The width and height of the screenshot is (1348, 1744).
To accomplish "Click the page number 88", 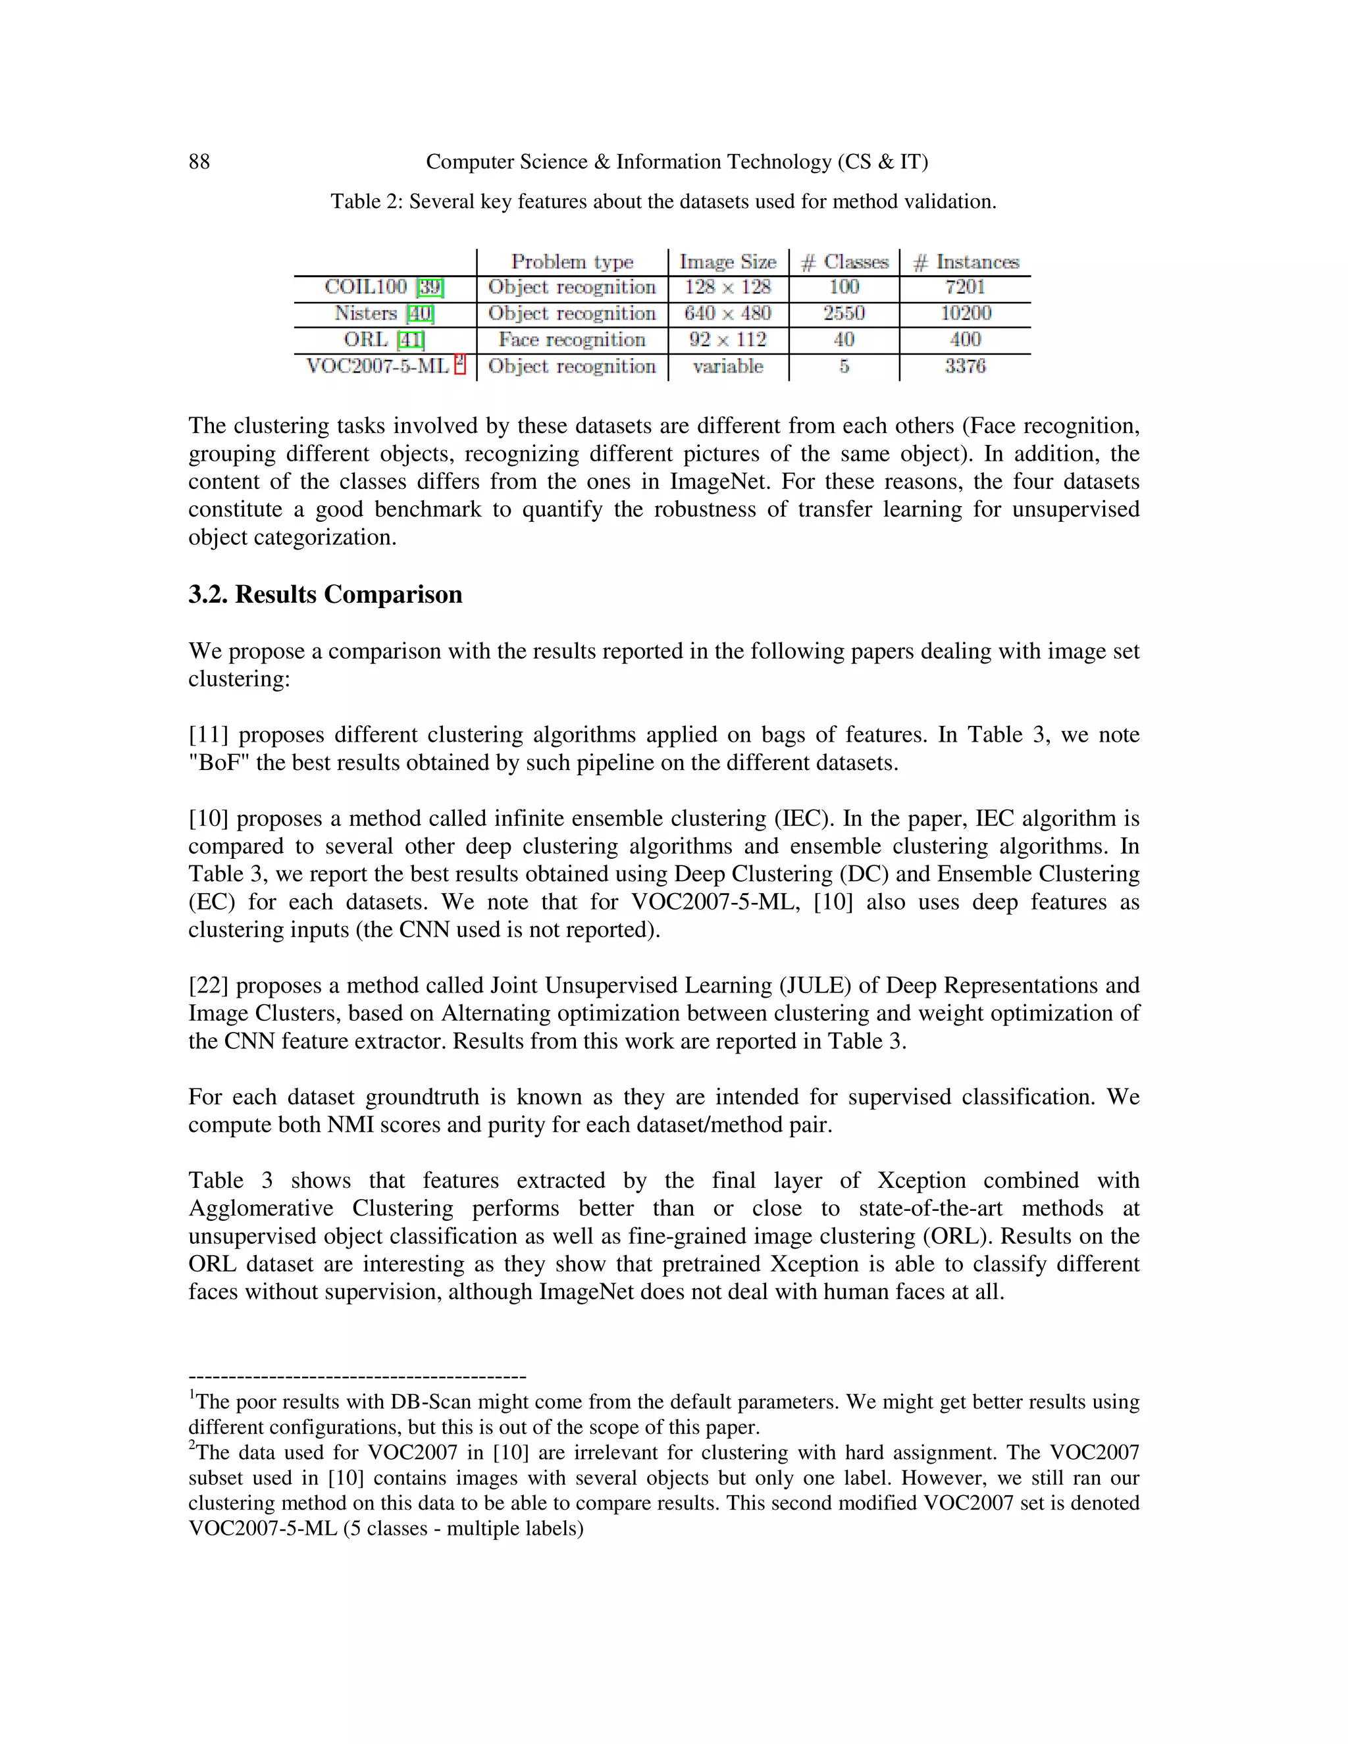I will pos(199,162).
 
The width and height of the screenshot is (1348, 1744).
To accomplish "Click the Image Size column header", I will pos(727,262).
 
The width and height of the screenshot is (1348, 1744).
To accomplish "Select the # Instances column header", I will pos(966,262).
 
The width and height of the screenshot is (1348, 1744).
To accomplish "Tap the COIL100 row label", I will pos(366,287).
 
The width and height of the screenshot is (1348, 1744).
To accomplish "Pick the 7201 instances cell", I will pos(965,287).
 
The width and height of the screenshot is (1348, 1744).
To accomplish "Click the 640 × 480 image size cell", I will pos(727,313).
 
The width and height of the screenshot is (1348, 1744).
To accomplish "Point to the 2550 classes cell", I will pos(844,313).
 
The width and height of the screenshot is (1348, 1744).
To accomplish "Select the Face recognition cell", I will pos(572,340).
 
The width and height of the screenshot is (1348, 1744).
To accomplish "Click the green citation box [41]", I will pos(411,340).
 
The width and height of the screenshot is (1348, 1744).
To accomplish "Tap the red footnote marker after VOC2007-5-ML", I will pos(459,363).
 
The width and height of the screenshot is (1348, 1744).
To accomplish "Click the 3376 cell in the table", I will pos(965,366).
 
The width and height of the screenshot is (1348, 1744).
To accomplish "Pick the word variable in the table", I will pos(727,367).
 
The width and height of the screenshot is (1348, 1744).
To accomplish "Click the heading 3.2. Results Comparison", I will pos(325,595).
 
